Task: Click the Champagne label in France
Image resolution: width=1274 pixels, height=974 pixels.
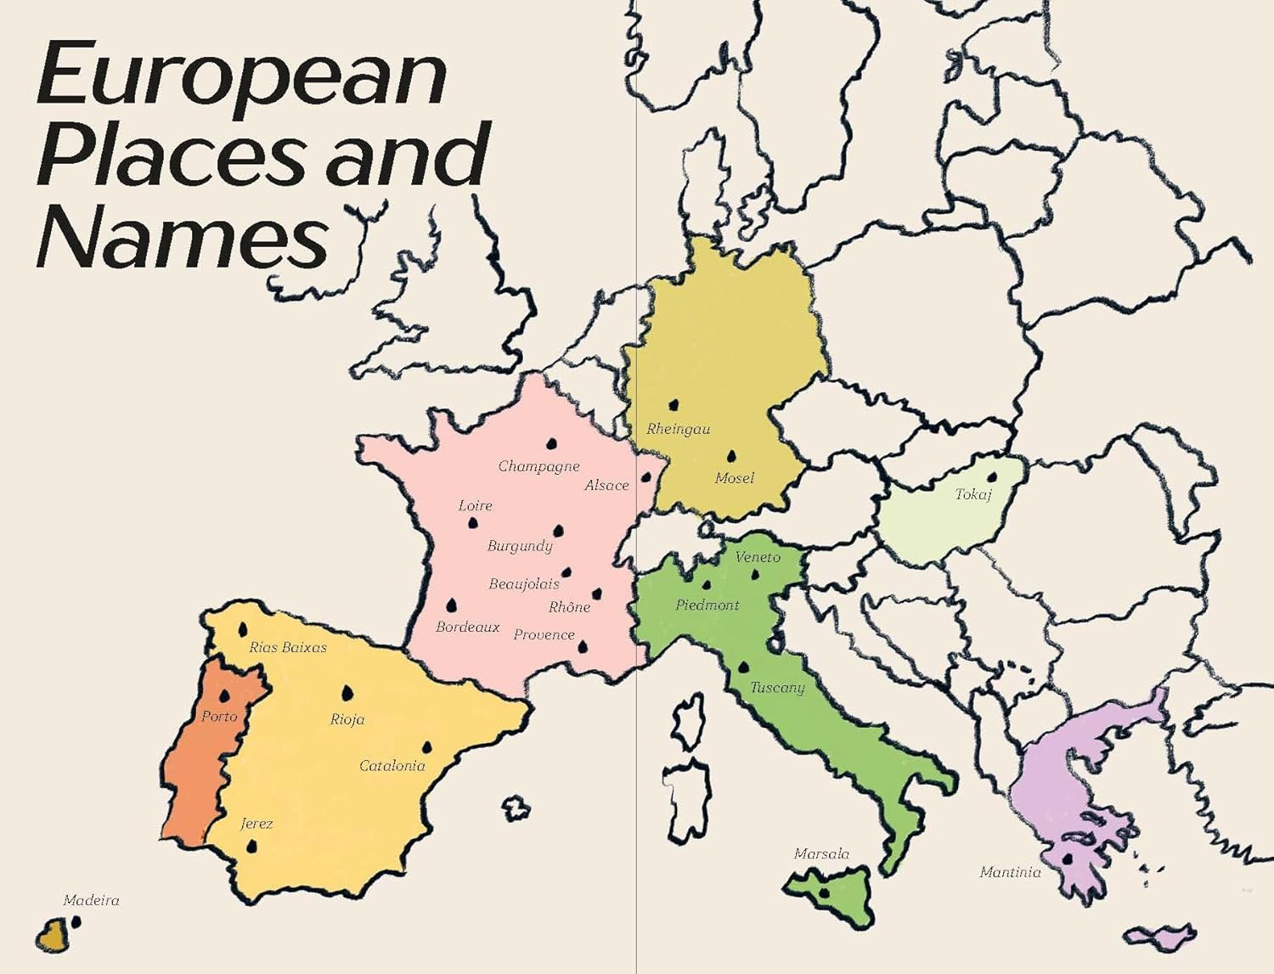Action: (x=538, y=466)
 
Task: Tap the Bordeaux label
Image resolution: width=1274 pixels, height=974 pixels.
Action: (x=467, y=628)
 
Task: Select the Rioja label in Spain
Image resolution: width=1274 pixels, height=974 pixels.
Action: (x=347, y=719)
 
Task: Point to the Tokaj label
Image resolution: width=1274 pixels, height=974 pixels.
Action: (x=973, y=494)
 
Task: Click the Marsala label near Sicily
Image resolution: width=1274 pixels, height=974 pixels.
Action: (x=821, y=854)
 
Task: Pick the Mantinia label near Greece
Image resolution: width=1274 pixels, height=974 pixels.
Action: (x=1010, y=872)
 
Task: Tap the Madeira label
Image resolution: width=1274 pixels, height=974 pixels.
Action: (x=91, y=901)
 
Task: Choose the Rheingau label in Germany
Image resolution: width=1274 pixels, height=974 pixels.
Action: (x=678, y=430)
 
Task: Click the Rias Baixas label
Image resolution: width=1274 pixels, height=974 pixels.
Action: (x=288, y=648)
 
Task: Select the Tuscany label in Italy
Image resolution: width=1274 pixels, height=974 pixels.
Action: (x=777, y=688)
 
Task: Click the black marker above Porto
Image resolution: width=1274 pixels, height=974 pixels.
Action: (x=225, y=696)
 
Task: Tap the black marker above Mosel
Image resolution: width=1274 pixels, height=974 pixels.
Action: (x=731, y=457)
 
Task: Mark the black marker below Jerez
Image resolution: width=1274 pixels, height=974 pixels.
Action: (x=251, y=847)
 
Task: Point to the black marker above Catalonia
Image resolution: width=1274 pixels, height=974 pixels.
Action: (x=426, y=748)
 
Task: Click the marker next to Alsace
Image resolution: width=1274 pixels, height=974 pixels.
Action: (x=646, y=477)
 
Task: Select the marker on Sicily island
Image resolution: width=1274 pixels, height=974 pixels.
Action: (x=823, y=892)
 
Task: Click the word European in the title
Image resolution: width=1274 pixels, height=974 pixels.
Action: (x=241, y=76)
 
